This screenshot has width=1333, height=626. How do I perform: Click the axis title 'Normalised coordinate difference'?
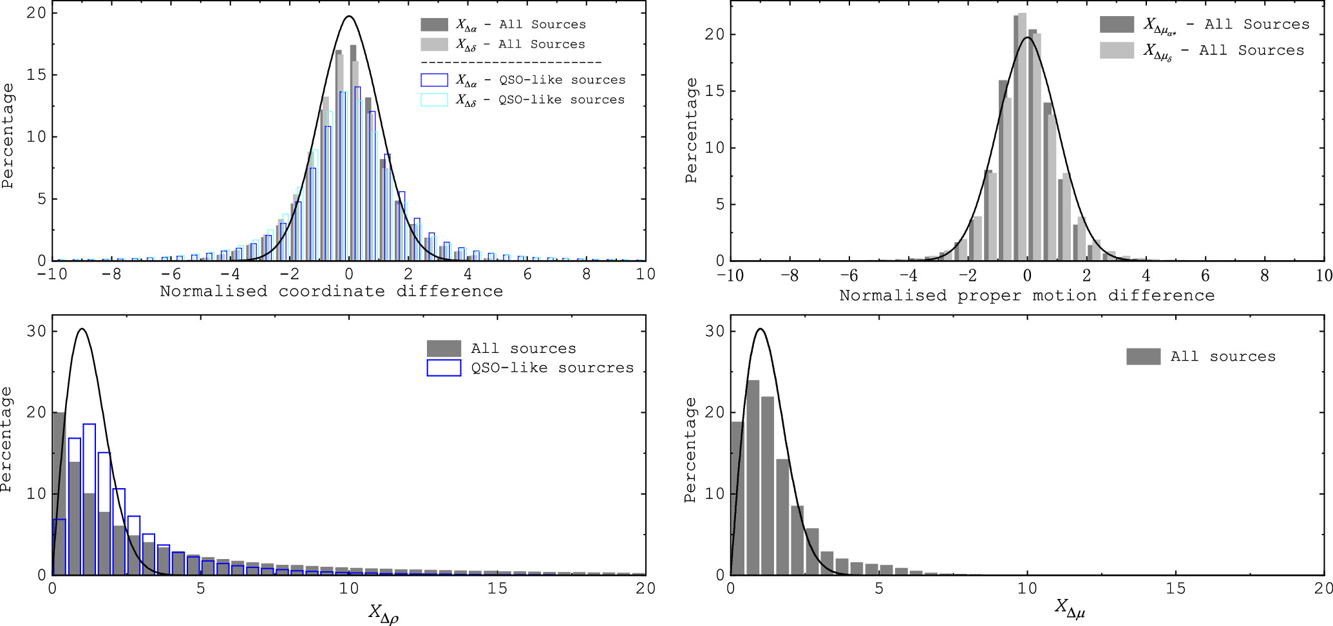click(331, 291)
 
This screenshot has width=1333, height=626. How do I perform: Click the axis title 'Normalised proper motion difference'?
click(1026, 296)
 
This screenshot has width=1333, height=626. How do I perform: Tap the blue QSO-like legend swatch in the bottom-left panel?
click(444, 368)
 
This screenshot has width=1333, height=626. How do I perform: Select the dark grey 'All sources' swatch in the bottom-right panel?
click(1143, 356)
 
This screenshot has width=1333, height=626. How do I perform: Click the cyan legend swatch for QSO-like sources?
click(434, 100)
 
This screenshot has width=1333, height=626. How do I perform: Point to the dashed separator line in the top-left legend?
click(511, 62)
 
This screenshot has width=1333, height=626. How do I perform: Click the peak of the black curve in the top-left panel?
click(348, 17)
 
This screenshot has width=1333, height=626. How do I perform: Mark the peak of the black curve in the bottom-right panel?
click(761, 329)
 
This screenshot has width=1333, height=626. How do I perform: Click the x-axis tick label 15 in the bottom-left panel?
click(497, 588)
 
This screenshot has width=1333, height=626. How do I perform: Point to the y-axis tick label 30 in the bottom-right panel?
click(715, 331)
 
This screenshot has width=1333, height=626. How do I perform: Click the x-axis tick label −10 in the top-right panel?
click(730, 276)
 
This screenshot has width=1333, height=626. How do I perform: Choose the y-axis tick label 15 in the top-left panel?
click(37, 75)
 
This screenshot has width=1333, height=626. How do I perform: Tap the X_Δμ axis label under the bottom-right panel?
click(1070, 607)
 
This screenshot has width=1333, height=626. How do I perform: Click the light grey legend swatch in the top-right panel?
click(1117, 51)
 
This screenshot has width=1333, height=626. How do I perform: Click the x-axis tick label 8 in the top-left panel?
click(586, 274)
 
